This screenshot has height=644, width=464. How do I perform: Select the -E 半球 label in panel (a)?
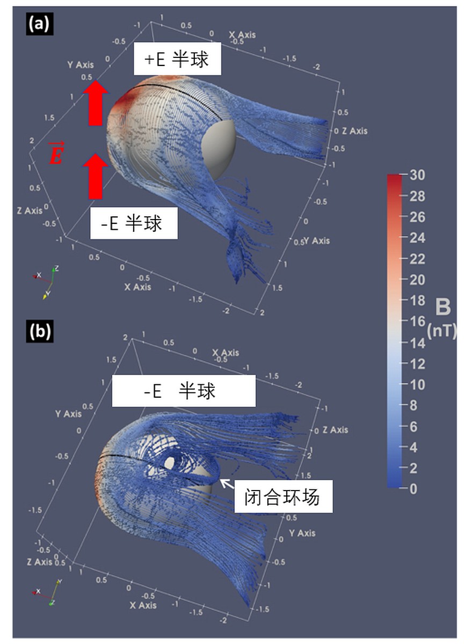133,223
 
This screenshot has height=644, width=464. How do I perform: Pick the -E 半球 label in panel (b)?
183,390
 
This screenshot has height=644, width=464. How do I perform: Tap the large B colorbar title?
443,308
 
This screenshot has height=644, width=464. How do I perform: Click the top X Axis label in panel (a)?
242,35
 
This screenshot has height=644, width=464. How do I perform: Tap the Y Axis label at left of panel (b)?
68,413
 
